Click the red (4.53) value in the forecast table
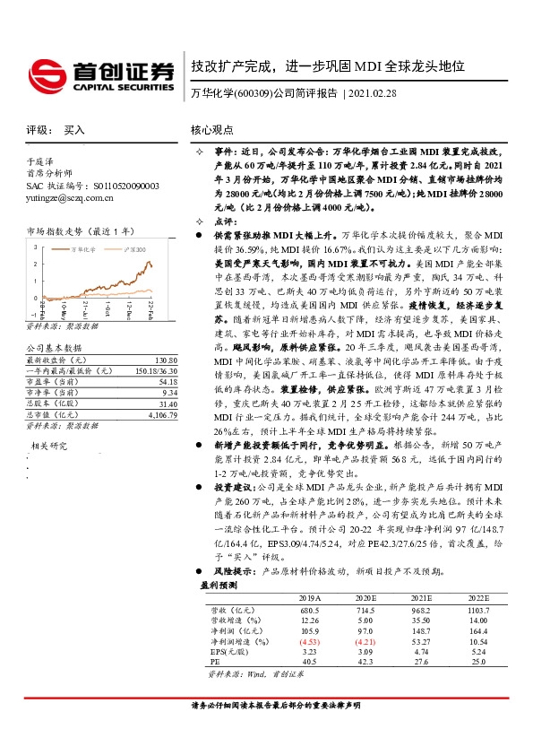(x=309, y=641)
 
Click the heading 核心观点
(x=213, y=130)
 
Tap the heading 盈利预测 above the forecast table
(x=216, y=584)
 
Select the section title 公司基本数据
(x=54, y=347)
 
